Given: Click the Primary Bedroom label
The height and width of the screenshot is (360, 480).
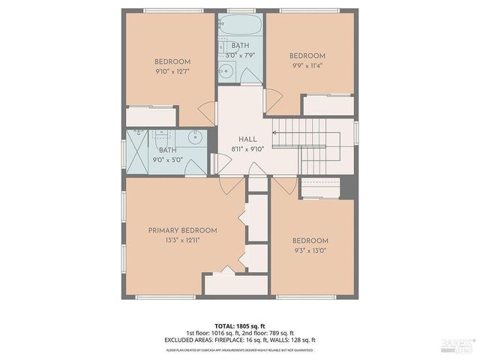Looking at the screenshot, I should click(182, 230).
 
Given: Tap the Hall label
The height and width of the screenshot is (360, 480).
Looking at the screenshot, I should click(247, 139).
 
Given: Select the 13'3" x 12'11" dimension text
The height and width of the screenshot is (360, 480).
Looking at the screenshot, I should click(182, 241).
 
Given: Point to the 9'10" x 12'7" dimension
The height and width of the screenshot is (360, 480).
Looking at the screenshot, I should click(172, 72).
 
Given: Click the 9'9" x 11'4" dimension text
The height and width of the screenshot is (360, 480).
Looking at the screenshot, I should click(307, 66).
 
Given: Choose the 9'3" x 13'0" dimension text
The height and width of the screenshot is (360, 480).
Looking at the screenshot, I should click(310, 251).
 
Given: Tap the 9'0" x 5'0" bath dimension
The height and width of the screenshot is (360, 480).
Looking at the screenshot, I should click(167, 159).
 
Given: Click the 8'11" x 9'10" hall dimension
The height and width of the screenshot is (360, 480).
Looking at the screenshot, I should click(247, 149).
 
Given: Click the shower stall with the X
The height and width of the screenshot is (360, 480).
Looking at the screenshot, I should click(137, 151).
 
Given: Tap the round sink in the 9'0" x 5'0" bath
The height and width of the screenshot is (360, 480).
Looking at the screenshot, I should click(194, 138).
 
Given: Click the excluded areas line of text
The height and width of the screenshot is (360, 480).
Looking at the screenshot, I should click(240, 340).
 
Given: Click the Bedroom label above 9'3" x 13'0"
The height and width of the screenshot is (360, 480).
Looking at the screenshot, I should click(310, 241).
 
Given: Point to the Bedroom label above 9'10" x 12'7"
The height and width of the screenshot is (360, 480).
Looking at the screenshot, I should click(172, 61).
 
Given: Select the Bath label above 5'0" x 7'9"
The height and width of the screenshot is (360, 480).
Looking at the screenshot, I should click(241, 46).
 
